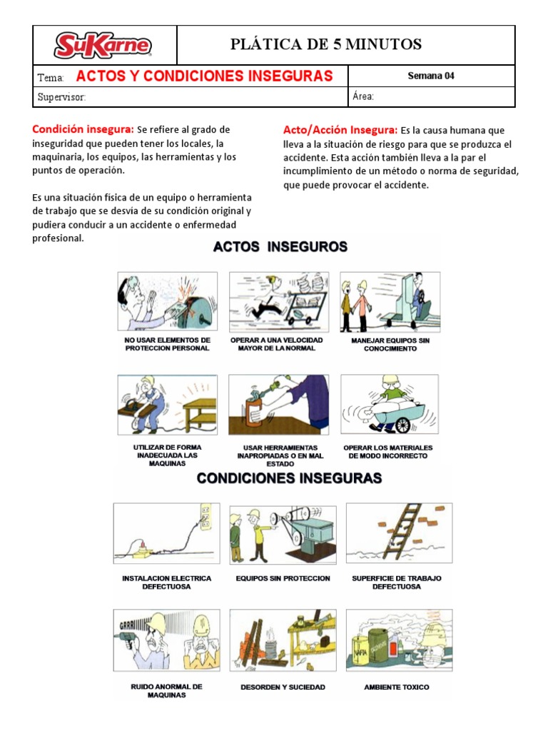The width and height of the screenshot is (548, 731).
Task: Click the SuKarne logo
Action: [104, 46]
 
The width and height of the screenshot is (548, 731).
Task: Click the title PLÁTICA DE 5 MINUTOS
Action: [326, 45]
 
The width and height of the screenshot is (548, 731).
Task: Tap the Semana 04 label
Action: [430, 76]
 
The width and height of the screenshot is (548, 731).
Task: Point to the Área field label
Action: [363, 97]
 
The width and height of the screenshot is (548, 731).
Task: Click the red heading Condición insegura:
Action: [83, 129]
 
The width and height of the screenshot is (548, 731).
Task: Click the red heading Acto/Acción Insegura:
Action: [340, 130]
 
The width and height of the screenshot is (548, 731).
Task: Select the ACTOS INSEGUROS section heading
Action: [280, 247]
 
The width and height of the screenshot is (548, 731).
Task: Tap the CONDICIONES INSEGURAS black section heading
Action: [289, 478]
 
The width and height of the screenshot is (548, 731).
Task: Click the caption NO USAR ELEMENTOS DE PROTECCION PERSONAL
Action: [167, 344]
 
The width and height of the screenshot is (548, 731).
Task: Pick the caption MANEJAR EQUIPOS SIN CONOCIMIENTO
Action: [390, 344]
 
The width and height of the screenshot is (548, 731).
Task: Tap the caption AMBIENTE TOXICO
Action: [397, 687]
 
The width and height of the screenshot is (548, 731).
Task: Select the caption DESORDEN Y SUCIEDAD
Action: [283, 687]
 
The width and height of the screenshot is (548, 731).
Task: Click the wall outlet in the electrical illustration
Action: [204, 516]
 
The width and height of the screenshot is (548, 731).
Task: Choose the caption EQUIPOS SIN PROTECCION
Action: [283, 578]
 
